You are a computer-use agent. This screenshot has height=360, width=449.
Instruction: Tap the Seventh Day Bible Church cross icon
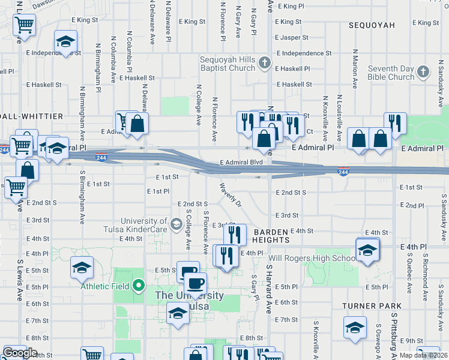pyautogui.click(x=424, y=73)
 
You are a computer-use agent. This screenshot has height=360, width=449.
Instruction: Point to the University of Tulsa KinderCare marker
pyautogui.click(x=176, y=225)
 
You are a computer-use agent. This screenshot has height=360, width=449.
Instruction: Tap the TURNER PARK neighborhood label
pyautogui.click(x=367, y=306)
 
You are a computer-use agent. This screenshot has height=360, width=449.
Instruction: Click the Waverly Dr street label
pyautogui.click(x=230, y=195)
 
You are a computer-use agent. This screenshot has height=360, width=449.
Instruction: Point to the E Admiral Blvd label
pyautogui.click(x=241, y=163)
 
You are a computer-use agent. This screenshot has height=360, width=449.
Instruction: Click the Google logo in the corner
pyautogui.click(x=20, y=353)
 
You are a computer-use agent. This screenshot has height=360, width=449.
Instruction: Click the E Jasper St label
pyautogui.click(x=291, y=37)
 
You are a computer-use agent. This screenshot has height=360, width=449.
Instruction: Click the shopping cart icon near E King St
pyautogui.click(x=25, y=25)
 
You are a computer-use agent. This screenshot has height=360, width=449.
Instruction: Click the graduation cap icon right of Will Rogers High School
pyautogui.click(x=367, y=250)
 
